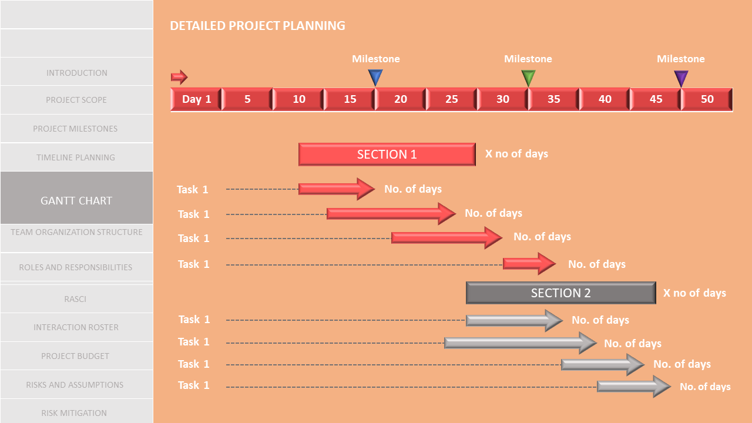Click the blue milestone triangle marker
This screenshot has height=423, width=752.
375,77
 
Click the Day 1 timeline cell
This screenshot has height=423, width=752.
196,99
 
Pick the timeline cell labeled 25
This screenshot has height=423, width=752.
451,99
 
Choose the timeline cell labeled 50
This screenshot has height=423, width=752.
707,99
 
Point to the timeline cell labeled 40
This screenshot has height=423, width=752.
605,99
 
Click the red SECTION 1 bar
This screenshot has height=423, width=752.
387,155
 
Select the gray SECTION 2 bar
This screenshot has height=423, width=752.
560,293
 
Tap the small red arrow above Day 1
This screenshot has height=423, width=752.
179,77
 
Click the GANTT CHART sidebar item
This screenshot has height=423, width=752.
76,200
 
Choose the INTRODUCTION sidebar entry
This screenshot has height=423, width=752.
76,73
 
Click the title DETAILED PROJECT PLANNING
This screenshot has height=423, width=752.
257,26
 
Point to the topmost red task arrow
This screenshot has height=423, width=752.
335,189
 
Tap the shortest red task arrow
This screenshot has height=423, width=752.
528,264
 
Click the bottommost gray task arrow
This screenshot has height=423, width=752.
633,386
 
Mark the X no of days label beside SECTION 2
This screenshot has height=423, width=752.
694,293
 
